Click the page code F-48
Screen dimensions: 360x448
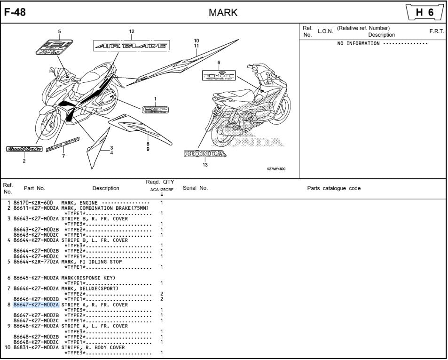coord(15,12)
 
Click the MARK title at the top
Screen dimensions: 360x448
coord(223,13)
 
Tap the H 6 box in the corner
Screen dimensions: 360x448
coord(424,13)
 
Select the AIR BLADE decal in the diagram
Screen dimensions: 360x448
coord(131,46)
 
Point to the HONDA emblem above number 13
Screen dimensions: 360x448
coord(204,154)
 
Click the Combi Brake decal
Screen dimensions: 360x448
coord(24,149)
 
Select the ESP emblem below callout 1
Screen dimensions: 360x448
coord(155,109)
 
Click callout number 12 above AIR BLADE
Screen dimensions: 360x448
coord(132,32)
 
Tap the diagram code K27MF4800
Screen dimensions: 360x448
coord(276,168)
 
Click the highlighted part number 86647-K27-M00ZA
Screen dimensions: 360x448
coord(36,305)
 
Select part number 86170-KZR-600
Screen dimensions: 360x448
coord(33,203)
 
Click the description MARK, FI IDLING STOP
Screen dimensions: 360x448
coord(92,262)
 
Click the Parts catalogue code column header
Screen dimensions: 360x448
coord(334,188)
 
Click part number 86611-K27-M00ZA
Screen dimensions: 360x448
coord(36,208)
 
